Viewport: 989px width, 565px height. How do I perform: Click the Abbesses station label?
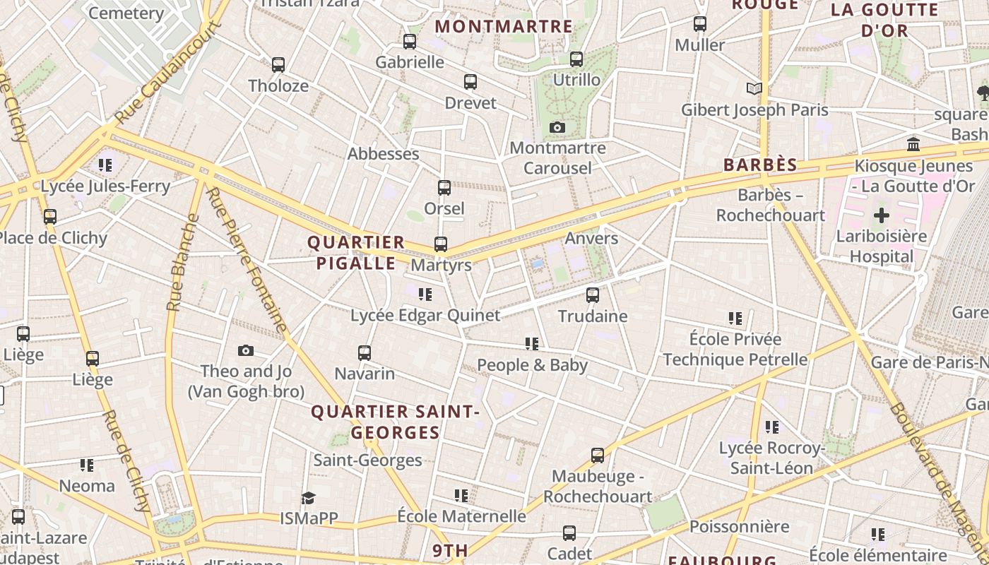[383, 154]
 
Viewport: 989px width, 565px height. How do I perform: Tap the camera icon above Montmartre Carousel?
[557, 128]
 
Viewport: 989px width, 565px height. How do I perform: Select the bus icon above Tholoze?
[278, 65]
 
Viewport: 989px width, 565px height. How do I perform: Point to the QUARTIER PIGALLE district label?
[356, 253]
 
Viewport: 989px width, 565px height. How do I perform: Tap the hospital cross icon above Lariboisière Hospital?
[881, 215]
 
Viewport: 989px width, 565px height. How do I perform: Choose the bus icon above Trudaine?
[593, 295]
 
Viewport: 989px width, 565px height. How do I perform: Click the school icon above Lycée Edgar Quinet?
[425, 295]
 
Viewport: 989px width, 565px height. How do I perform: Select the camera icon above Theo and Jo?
[246, 350]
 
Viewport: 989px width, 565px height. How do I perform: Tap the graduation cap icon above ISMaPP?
[308, 498]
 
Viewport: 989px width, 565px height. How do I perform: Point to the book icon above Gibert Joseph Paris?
[754, 89]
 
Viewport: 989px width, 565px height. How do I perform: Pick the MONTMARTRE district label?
[504, 27]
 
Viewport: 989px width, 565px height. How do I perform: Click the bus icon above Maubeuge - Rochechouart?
[598, 456]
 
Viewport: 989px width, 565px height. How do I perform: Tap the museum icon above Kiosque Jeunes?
[913, 145]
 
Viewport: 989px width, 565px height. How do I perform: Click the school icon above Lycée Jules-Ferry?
[105, 165]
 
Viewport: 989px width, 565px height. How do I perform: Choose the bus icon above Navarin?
[365, 352]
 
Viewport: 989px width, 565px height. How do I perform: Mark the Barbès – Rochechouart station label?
[771, 205]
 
